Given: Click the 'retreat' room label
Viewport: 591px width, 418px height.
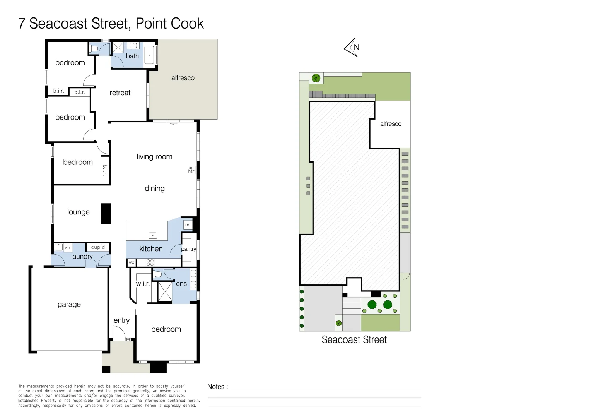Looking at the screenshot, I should pyautogui.click(x=120, y=93).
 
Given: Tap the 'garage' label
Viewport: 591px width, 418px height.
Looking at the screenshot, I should pyautogui.click(x=69, y=305).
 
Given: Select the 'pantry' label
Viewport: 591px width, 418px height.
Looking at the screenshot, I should pyautogui.click(x=188, y=249).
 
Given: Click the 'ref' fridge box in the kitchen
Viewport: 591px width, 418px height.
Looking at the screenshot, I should pyautogui.click(x=188, y=224).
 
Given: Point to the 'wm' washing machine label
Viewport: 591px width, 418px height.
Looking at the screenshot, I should pyautogui.click(x=68, y=248).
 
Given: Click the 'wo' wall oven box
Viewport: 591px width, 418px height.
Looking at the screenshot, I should pyautogui.click(x=132, y=262).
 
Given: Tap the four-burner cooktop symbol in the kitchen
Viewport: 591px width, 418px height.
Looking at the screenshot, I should pyautogui.click(x=150, y=262).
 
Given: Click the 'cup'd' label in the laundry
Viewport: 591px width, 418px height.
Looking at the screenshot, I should pyautogui.click(x=98, y=247).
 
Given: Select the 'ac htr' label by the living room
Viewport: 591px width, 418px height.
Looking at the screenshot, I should pyautogui.click(x=191, y=170).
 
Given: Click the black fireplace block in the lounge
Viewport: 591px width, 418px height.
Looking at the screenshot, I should pyautogui.click(x=106, y=214).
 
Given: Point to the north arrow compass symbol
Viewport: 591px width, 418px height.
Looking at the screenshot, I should pyautogui.click(x=352, y=47).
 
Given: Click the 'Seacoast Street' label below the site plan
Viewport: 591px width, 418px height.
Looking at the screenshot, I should pyautogui.click(x=354, y=340).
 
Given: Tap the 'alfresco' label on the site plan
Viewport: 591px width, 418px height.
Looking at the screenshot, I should pyautogui.click(x=391, y=124).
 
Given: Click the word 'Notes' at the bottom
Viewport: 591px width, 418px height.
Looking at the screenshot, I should pyautogui.click(x=216, y=387).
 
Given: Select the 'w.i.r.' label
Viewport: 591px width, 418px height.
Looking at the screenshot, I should pyautogui.click(x=143, y=284).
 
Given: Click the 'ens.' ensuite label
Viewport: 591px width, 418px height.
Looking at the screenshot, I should pyautogui.click(x=182, y=284).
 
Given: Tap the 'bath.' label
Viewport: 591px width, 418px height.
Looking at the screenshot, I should pyautogui.click(x=133, y=56).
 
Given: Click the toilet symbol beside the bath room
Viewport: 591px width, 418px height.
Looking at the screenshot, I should pyautogui.click(x=94, y=49).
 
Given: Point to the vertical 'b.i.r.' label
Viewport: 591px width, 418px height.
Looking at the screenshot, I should pyautogui.click(x=105, y=170).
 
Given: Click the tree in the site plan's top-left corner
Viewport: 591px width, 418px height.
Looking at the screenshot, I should pyautogui.click(x=316, y=78).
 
